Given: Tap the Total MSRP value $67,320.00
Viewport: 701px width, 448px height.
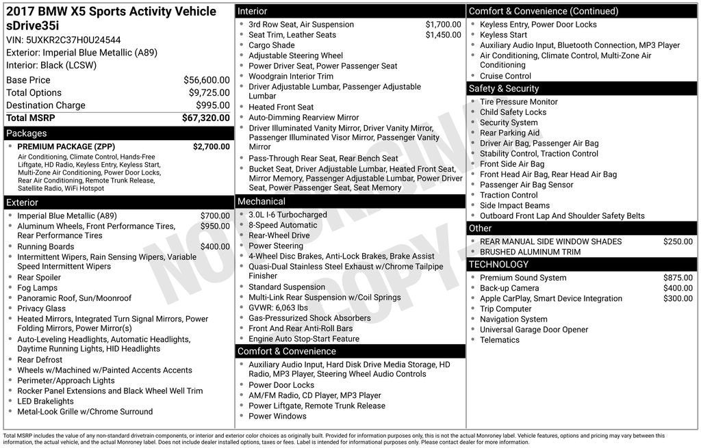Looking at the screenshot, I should (205, 118).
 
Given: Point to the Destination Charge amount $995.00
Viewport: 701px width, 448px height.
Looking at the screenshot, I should (212, 105).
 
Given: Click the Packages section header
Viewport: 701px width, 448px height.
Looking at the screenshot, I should (27, 133).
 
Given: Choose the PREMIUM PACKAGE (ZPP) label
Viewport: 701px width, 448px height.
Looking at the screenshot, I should (66, 146).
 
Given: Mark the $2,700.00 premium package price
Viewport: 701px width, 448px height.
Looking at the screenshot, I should (211, 146).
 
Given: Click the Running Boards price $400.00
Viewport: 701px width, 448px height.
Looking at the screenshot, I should (215, 247).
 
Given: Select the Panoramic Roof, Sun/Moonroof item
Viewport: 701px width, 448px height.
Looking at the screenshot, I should (74, 298).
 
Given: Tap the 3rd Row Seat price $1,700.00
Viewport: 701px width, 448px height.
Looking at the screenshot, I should (443, 25).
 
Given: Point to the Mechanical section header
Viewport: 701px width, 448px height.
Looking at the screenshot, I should (262, 201).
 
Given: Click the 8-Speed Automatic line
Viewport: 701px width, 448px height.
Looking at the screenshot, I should (283, 225).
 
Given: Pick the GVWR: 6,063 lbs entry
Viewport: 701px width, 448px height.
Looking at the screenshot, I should (278, 308).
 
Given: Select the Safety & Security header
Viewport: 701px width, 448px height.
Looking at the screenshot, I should (504, 88).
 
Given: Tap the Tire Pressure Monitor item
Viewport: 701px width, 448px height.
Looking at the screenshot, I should (518, 102).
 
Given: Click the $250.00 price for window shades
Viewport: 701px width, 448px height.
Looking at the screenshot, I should (678, 241).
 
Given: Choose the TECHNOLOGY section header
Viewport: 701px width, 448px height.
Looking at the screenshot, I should (498, 264).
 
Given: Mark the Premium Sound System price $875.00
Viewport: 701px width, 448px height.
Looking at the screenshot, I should (678, 278).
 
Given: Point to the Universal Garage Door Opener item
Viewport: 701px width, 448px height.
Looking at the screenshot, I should (533, 330).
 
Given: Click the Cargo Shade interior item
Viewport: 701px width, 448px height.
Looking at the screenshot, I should (271, 45).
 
